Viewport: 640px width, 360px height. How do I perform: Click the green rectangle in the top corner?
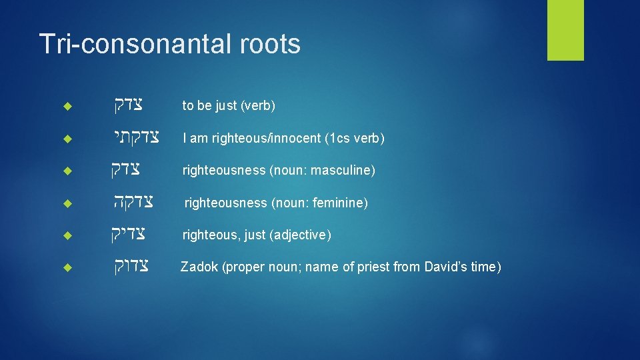tap(565, 29)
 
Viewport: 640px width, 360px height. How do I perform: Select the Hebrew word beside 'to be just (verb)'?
tap(127, 105)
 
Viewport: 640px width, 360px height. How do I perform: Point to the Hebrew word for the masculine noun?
tap(129, 170)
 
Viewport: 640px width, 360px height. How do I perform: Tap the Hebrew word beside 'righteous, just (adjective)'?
tap(128, 235)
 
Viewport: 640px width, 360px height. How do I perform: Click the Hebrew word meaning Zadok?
tap(129, 267)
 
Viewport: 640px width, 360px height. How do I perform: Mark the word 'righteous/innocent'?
tap(261, 139)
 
